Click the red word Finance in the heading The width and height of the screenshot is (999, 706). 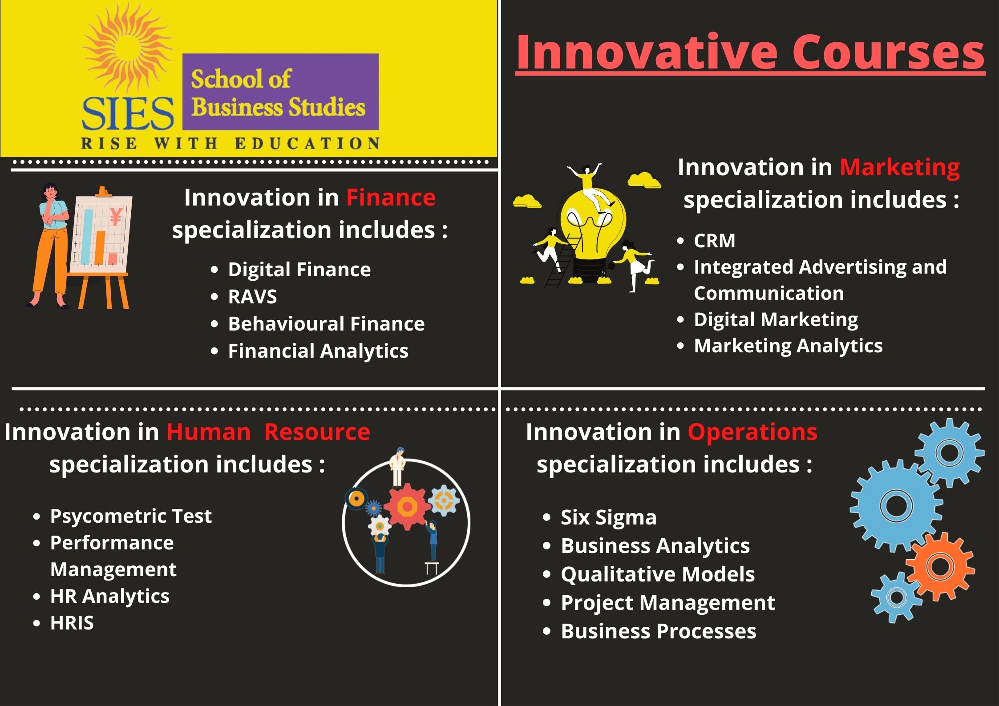(x=391, y=198)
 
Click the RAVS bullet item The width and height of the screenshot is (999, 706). (x=252, y=297)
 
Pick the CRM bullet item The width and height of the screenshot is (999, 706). (x=715, y=241)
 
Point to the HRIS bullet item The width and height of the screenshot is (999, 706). (x=72, y=623)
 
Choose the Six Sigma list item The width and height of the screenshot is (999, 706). (x=609, y=517)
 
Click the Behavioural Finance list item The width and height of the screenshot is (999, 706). (x=326, y=324)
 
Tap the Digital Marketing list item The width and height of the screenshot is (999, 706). (x=776, y=320)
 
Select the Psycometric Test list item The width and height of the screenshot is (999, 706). (x=131, y=516)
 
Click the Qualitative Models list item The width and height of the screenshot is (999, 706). (x=658, y=574)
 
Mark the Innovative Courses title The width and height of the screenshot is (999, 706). (x=750, y=52)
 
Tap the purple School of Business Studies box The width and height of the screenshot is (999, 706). (x=281, y=92)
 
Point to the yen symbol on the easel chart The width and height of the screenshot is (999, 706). (x=116, y=217)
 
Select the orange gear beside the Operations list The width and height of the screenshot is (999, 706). (x=940, y=566)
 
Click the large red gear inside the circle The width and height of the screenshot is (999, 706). (x=407, y=507)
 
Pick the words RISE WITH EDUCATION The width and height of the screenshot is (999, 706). (x=230, y=144)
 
